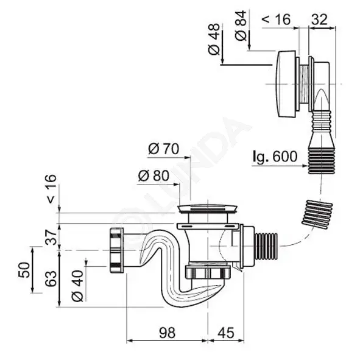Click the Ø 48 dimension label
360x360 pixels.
point(214,39)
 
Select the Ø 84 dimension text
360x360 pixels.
point(241,26)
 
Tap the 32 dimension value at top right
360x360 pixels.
point(319,19)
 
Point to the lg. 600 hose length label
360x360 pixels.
point(275,157)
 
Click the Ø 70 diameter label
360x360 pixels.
point(163,149)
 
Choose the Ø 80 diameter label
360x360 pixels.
point(154,175)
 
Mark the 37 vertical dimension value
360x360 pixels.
point(51,237)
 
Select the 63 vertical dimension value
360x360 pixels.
point(51,279)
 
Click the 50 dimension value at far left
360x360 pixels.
point(24,270)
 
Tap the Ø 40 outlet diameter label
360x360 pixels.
point(77,286)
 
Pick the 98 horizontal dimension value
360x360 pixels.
point(167,333)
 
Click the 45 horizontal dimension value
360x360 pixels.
point(226,333)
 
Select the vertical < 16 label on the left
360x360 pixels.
point(51,189)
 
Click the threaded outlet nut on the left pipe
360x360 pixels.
point(116,250)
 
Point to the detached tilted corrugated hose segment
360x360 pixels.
point(317,214)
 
